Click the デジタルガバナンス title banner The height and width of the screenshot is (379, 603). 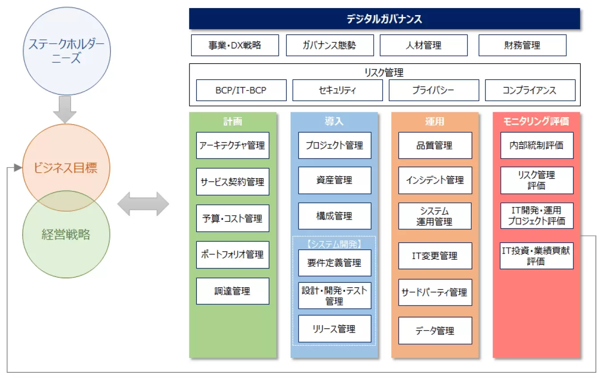point(384,19)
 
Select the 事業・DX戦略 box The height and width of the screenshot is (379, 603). point(235,45)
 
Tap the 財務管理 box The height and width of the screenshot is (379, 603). point(522,45)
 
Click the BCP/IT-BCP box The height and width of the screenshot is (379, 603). point(241,90)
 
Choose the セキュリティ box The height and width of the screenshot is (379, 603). point(338,90)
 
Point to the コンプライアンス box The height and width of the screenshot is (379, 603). point(530,90)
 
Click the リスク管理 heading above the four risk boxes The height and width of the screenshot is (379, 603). point(384,73)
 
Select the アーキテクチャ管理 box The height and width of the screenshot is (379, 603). point(232,145)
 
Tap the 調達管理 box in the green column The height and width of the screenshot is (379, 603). point(232,291)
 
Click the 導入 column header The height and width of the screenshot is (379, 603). point(334,122)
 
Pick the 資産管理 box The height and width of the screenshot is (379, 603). point(334,180)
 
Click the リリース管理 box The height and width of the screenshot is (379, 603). point(334,329)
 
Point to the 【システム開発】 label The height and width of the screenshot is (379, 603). point(334,244)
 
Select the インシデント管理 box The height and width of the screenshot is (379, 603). point(435,180)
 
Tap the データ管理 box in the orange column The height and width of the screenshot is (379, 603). point(435,330)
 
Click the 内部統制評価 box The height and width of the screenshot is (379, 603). point(537,145)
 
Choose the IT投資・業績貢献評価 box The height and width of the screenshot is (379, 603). point(537,256)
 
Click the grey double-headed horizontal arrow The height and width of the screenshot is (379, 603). point(143,204)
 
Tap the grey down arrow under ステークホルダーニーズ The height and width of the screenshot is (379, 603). point(65,110)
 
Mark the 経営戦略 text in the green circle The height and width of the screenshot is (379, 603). point(66,234)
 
